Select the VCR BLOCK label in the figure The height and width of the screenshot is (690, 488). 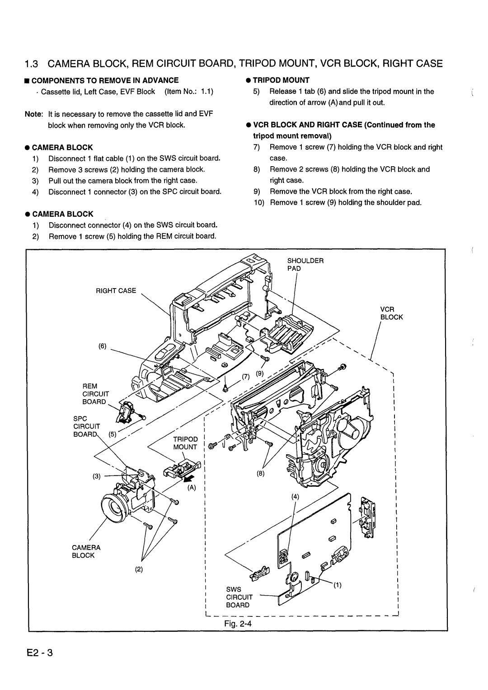391,313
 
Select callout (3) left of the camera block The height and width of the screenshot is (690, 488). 98,476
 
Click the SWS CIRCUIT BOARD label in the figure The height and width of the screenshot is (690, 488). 238,597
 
